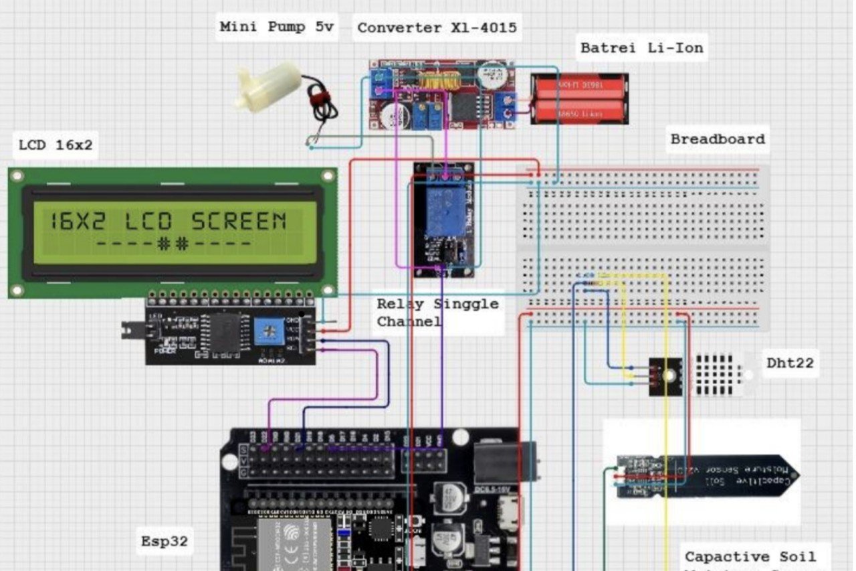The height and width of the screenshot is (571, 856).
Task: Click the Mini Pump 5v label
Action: pos(276,27)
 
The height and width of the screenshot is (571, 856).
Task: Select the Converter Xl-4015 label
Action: pos(437,27)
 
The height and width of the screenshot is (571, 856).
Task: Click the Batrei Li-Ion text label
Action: pos(641,48)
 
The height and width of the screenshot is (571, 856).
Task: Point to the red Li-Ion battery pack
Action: pos(580,99)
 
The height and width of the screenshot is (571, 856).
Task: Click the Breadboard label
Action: pos(718,139)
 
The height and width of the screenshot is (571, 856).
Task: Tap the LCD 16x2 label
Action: pos(56,145)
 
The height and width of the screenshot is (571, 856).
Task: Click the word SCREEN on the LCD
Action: pos(239,222)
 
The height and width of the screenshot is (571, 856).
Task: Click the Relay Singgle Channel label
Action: pos(437,312)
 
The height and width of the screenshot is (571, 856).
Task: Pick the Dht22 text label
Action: pos(791,363)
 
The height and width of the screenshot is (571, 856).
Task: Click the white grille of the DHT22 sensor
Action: pos(720,374)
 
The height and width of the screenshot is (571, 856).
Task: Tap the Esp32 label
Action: pos(165,541)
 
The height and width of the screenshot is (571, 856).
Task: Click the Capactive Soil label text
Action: pos(750,557)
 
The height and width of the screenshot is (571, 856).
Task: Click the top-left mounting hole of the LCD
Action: pos(17,177)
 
